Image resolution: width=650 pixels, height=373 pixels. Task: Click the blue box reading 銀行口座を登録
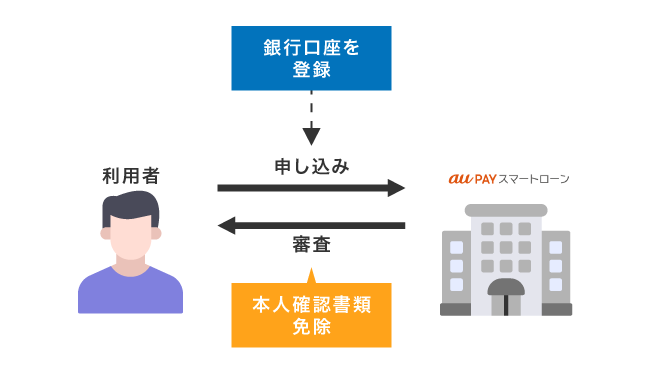tap(310, 58)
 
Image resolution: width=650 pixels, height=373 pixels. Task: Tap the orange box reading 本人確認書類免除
tap(310, 314)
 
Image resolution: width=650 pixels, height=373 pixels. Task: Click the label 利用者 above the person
tap(130, 176)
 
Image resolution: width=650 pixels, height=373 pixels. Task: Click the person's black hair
tap(130, 207)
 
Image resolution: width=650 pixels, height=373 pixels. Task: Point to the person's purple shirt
tap(130, 292)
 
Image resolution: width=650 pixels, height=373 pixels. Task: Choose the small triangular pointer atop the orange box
tap(311, 273)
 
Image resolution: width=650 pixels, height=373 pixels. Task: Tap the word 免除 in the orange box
tap(310, 327)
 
